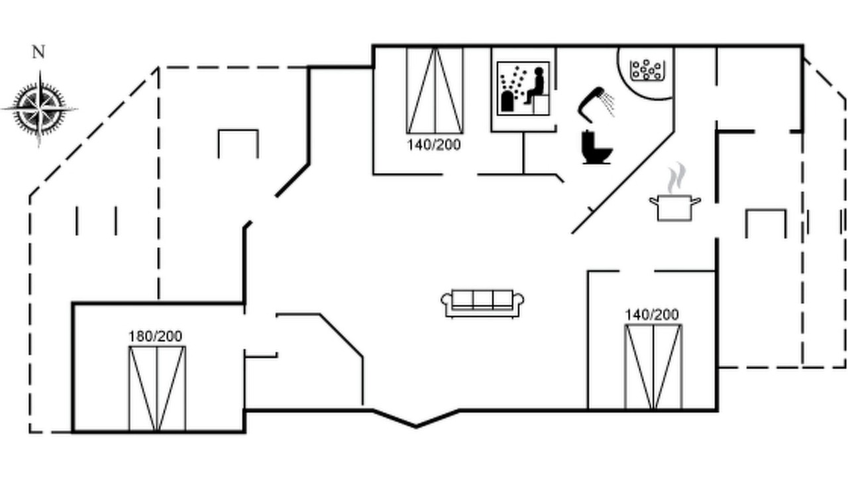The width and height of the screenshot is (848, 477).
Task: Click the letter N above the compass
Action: [x=38, y=52]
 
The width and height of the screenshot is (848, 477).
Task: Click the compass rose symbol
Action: [x=39, y=109]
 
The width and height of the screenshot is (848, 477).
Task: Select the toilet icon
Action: [x=596, y=147]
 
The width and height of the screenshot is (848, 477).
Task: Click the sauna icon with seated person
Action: [x=523, y=89]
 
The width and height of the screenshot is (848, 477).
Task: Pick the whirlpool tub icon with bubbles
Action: [x=646, y=70]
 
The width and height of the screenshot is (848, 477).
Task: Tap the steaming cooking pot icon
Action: [x=674, y=192]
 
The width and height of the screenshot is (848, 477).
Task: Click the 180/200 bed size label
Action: [x=155, y=336]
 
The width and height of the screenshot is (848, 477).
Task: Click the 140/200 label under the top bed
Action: [x=434, y=144]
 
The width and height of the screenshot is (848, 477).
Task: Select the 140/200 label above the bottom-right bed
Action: [x=651, y=315]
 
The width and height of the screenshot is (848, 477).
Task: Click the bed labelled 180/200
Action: [x=157, y=388]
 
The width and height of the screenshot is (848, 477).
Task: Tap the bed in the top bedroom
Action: [x=435, y=90]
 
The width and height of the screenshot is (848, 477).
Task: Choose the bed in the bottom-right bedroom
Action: [x=653, y=367]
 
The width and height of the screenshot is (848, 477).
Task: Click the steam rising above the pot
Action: [x=676, y=178]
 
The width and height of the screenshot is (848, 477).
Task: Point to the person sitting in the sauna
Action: [x=535, y=85]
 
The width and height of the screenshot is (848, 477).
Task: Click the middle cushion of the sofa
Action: [x=483, y=300]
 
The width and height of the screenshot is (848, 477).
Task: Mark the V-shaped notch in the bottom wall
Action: [x=416, y=427]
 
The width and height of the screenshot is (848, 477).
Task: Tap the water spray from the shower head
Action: [x=608, y=103]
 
